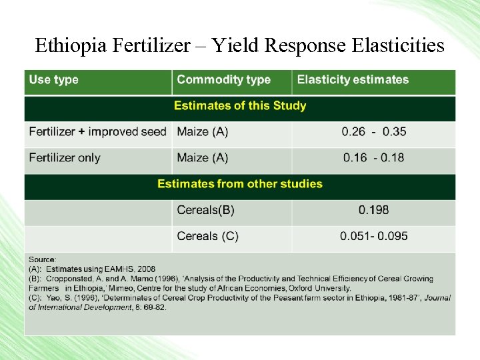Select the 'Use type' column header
tap(54, 80)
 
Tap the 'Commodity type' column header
tap(223, 80)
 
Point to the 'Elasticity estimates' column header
tap(353, 80)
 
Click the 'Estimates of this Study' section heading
tap(240, 106)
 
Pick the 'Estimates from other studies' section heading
tap(240, 184)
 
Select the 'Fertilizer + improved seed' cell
tap(97, 132)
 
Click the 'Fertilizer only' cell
tap(65, 158)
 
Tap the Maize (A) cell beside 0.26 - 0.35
tap(203, 132)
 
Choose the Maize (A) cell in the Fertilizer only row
tap(203, 158)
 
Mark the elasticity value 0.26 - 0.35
tap(374, 132)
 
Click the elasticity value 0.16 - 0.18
tap(374, 158)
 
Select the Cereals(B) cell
tap(206, 210)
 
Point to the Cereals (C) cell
tap(207, 236)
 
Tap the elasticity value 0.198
tap(374, 210)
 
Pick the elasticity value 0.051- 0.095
tap(374, 236)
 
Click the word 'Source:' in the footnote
tap(42, 259)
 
